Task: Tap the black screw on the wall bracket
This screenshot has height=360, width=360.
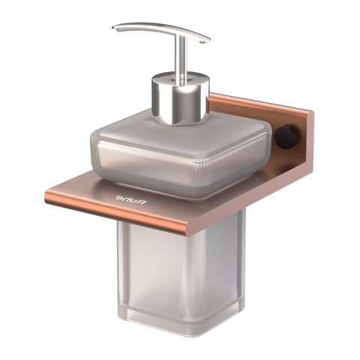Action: tap(288, 136)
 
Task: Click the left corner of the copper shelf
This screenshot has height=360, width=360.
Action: tap(46, 199)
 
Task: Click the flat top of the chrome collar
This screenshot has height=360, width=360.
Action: tap(178, 77)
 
